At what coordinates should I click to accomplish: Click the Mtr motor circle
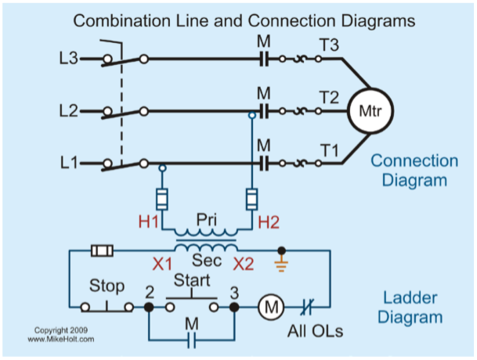(369, 110)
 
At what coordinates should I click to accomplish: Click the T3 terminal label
(329, 45)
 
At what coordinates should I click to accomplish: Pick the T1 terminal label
(329, 149)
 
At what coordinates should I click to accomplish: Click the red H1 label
(150, 222)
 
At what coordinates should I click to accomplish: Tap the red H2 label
(268, 222)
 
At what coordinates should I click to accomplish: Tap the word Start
(192, 279)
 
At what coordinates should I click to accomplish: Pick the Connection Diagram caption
(414, 170)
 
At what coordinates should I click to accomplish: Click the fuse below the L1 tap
(162, 195)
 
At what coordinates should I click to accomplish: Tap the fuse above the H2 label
(252, 195)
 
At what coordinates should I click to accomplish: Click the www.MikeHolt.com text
(61, 340)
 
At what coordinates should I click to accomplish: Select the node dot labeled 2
(149, 308)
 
